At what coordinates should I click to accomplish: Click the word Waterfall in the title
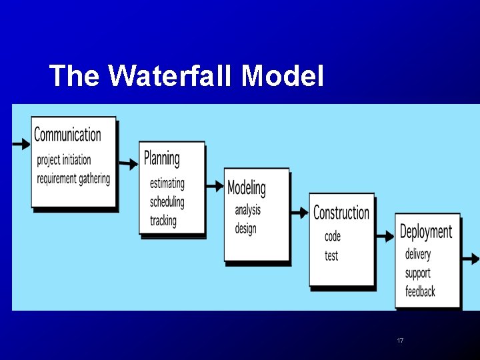[170, 76]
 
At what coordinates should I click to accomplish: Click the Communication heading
[67, 135]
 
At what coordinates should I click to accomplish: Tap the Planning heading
[162, 158]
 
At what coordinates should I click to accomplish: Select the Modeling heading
[246, 188]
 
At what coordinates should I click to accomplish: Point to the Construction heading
[341, 213]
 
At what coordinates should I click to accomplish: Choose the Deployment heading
[425, 231]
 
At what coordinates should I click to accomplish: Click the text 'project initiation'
[64, 160]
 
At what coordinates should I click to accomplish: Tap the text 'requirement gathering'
[73, 178]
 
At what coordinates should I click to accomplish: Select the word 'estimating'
[167, 183]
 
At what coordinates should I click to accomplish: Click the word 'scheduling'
[167, 201]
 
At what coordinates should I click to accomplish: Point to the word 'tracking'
[163, 220]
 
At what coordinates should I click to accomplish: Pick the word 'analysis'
[248, 210]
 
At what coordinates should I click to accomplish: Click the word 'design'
[245, 229]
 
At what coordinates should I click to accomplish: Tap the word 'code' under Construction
[333, 237]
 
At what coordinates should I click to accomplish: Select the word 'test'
[331, 255]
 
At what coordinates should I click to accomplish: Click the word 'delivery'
[418, 254]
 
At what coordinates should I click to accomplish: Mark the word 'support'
[418, 273]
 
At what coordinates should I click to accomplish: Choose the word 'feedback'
[420, 291]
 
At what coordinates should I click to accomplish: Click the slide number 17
[400, 341]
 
